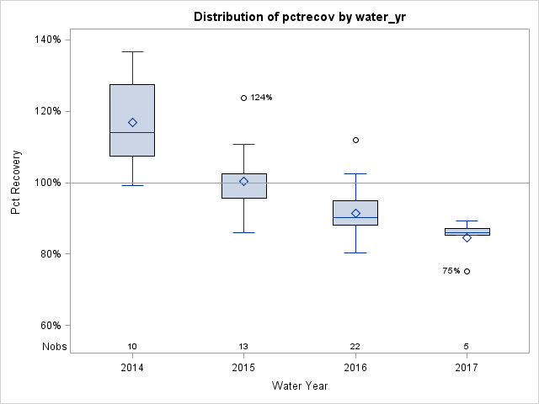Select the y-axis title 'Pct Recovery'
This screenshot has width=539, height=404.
(x=16, y=183)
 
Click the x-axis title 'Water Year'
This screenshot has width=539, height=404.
(x=299, y=386)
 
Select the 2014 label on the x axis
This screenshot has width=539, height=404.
(x=132, y=368)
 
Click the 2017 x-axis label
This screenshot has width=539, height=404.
(x=467, y=368)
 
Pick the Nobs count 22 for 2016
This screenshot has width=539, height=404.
(x=355, y=347)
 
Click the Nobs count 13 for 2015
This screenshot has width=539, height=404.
(x=243, y=347)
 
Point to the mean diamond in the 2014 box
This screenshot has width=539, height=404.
(x=132, y=122)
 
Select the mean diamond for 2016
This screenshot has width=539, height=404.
(x=355, y=213)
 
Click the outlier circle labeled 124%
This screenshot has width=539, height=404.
(x=243, y=98)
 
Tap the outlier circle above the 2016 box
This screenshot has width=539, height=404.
(x=355, y=140)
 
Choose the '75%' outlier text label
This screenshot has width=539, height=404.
(x=451, y=271)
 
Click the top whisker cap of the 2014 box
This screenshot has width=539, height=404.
(x=132, y=51)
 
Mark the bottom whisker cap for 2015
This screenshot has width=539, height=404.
(x=243, y=232)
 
